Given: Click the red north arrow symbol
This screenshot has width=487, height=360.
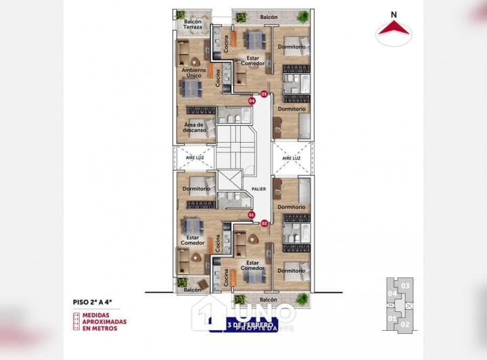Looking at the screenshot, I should point(395,28).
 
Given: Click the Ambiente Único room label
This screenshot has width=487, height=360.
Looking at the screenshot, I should point(194,72).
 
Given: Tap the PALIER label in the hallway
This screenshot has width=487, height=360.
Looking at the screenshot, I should point(258,190).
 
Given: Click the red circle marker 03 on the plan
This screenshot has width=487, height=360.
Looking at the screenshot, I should point(264,93).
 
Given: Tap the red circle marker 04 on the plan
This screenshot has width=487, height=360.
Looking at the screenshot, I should point(252,101).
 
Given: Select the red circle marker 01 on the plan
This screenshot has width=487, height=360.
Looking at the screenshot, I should point(252,215).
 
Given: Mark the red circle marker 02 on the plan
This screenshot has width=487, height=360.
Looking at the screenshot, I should point(264,222).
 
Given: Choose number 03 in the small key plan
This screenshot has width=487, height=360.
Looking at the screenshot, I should point(405,286).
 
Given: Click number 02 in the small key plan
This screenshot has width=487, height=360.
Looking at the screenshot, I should point(405,324).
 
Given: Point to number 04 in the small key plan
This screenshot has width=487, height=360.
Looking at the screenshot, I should point(392,294).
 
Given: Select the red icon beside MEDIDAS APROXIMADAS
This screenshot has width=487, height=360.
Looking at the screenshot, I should point(77,321).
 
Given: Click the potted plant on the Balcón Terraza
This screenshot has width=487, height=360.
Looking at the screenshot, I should point(181,14).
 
